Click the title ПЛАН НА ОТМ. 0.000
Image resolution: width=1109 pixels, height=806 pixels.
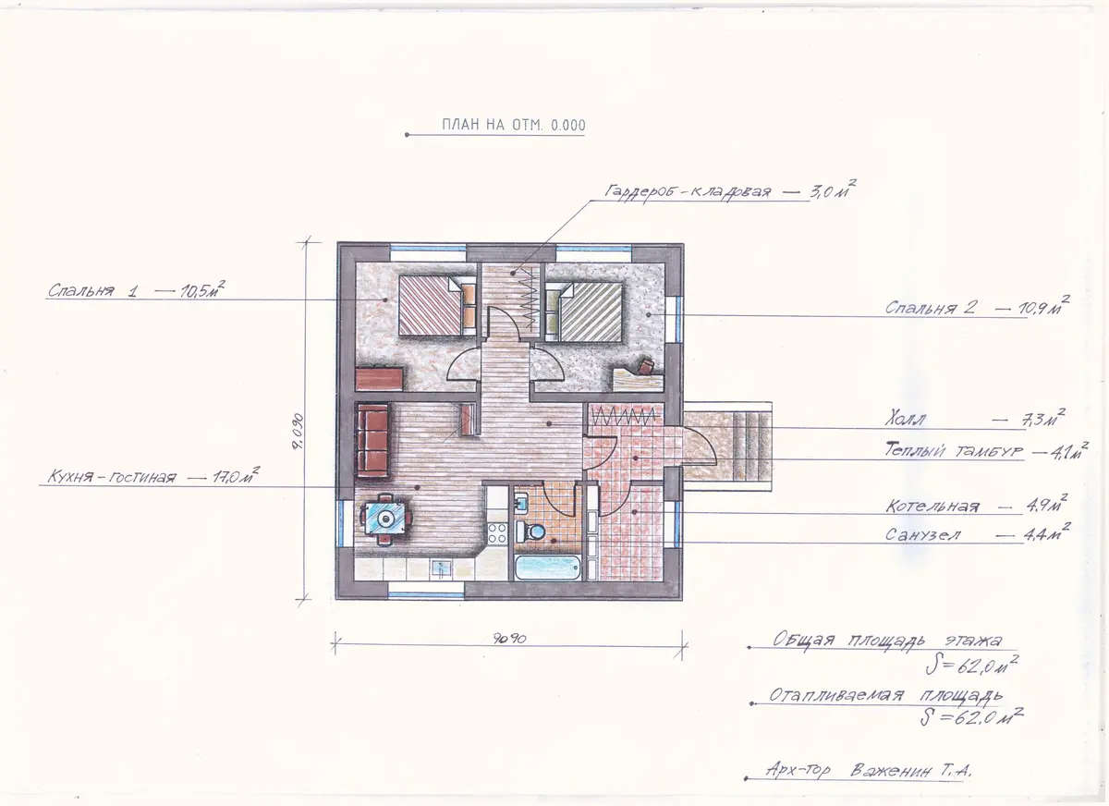(x=514, y=125)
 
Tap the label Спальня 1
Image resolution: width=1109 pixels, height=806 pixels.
(x=92, y=290)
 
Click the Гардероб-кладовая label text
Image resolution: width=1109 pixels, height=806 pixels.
(x=689, y=192)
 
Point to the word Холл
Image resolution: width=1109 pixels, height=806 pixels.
(x=905, y=421)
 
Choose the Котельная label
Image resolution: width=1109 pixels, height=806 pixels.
(x=932, y=506)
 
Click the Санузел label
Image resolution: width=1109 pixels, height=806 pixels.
(x=923, y=534)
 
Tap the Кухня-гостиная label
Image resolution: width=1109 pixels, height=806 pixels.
(x=112, y=477)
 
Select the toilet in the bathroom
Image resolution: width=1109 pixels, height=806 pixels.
(x=530, y=531)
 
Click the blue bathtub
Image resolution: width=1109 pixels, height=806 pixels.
(x=547, y=568)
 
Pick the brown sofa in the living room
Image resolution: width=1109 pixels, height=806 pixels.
(x=372, y=441)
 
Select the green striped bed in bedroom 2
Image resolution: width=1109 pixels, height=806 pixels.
(x=583, y=311)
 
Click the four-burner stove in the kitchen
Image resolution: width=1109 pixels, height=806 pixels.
(x=497, y=533)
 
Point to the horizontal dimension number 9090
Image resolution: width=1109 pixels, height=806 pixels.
(x=509, y=639)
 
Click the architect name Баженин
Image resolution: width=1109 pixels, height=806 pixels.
(x=890, y=771)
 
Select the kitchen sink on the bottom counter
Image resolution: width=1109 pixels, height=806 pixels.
(x=441, y=568)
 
